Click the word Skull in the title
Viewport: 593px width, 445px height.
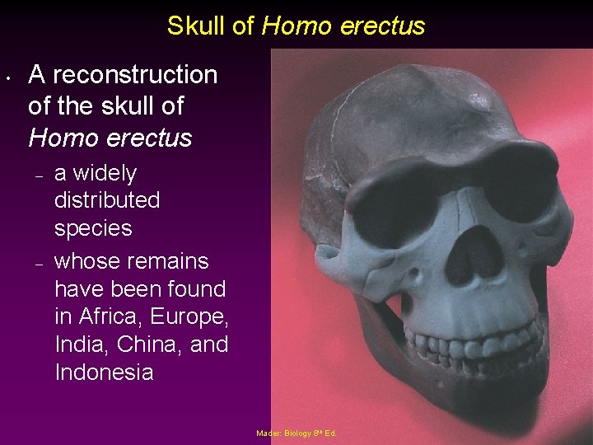tap(198, 26)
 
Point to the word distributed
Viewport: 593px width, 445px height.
tap(107, 200)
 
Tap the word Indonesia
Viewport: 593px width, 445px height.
tap(104, 372)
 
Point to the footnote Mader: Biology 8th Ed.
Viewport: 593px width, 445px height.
tap(296, 433)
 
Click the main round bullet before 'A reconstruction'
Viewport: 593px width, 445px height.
tap(7, 80)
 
